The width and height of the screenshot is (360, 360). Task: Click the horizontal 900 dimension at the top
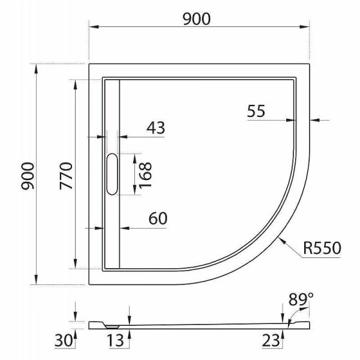[197, 19]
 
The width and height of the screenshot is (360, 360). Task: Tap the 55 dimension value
[256, 111]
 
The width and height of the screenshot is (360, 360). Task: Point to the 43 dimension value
[155, 127]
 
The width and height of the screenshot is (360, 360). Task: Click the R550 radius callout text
[323, 247]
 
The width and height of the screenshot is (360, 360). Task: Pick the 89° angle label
[301, 298]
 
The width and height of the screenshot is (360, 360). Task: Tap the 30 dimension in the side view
[63, 341]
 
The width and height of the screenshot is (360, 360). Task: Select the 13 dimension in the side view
[116, 341]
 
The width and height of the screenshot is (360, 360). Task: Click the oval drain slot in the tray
[112, 174]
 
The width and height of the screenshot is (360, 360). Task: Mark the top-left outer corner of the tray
[89, 64]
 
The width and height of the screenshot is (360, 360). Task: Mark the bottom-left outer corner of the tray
[89, 284]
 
